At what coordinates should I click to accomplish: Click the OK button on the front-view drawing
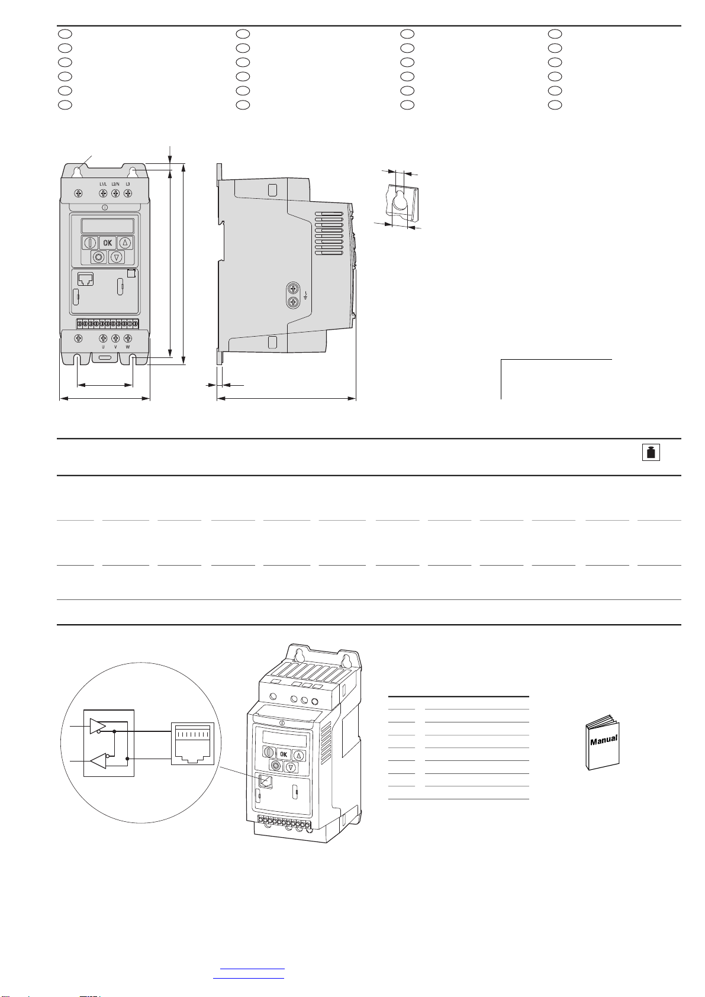coord(107,243)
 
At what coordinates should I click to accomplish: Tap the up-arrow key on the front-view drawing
coord(125,243)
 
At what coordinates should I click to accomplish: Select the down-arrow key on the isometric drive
coord(291,767)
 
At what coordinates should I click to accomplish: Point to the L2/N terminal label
coord(115,184)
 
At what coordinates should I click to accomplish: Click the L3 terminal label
coord(128,184)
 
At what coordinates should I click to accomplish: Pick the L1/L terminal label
coord(103,184)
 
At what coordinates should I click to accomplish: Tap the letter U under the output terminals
coord(103,347)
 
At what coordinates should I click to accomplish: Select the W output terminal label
coord(128,347)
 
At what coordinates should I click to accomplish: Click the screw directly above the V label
coord(115,338)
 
